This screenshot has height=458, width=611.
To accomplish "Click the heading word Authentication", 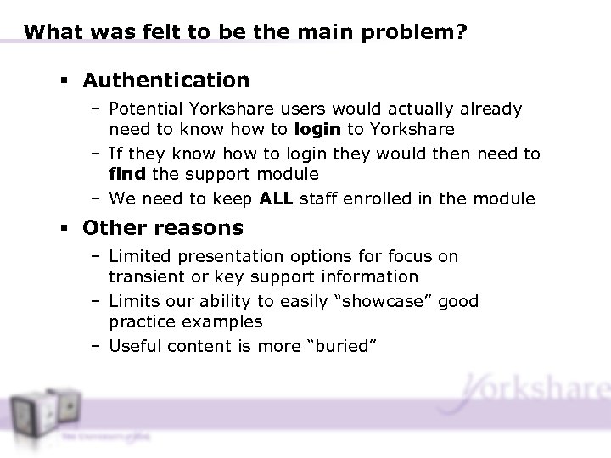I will pyautogui.click(x=166, y=81).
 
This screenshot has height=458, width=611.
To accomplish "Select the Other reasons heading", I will pyautogui.click(x=163, y=228).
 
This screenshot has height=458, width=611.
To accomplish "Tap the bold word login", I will pyautogui.click(x=319, y=129).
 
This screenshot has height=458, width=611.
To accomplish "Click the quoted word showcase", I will pyautogui.click(x=377, y=301).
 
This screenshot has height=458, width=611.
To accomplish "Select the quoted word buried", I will pyautogui.click(x=348, y=345).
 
